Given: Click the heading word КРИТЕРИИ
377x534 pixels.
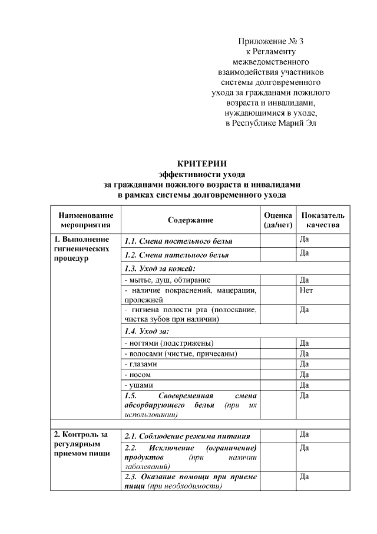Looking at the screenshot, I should tap(202, 163).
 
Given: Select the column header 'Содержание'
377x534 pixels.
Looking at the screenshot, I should tap(190, 220).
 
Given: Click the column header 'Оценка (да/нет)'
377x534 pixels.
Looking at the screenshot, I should tap(277, 220).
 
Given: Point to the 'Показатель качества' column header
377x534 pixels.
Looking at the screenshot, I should tap(323, 220).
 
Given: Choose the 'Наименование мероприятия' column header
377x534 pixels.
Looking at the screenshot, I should tap(85, 220).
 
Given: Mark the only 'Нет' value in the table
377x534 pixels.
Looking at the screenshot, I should tap(306, 291).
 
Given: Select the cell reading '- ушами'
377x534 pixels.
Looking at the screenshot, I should tap(139, 385).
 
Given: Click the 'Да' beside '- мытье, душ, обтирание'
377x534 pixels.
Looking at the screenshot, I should tap(305, 280).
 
